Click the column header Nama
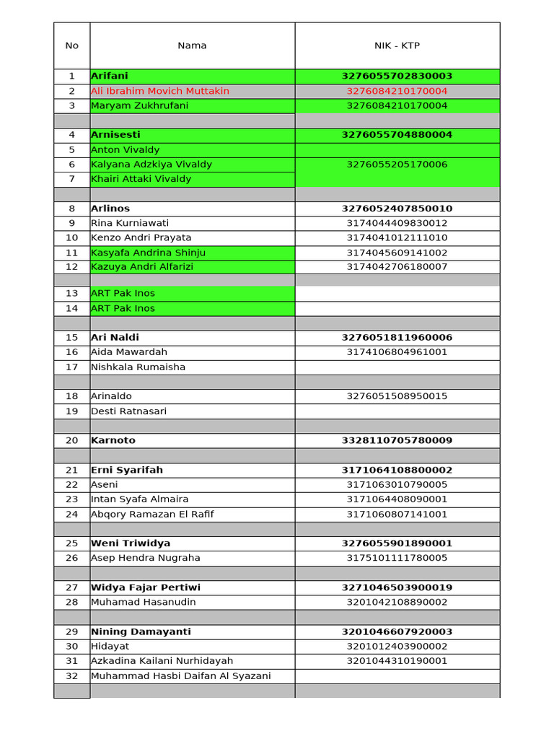[192, 45]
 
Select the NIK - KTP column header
[397, 45]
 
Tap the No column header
[71, 45]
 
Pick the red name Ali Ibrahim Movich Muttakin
[160, 91]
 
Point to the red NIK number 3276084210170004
[397, 91]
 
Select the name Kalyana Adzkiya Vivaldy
[151, 165]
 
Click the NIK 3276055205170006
[397, 165]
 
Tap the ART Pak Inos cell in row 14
[123, 308]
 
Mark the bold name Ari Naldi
[115, 337]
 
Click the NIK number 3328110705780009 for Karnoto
[397, 440]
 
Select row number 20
[71, 440]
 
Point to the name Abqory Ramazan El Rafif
[152, 514]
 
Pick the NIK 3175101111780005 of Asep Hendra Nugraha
[397, 558]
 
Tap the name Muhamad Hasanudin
[144, 602]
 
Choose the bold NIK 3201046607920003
[397, 631]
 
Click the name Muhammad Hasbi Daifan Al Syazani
[181, 675]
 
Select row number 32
[71, 675]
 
